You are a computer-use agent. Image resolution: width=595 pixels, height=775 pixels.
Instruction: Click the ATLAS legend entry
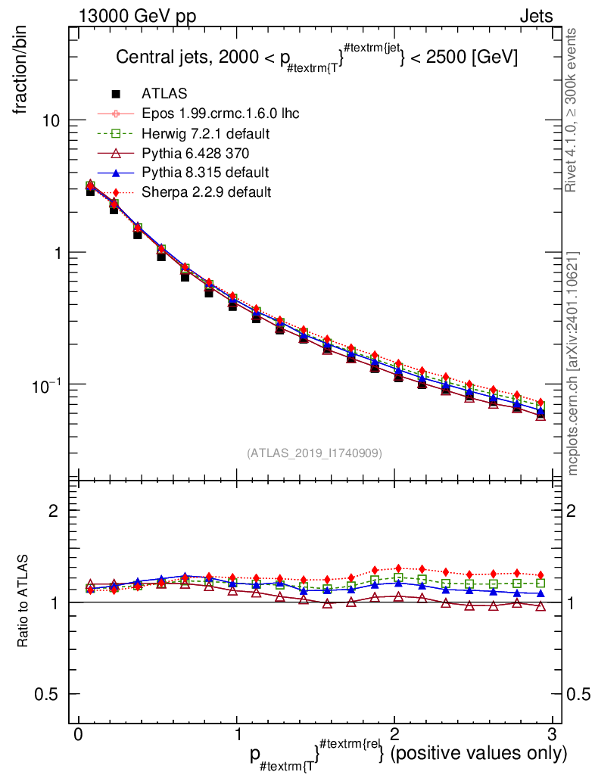pos(164,94)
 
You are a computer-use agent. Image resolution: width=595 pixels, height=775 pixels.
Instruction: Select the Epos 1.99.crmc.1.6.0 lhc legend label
pos(220,114)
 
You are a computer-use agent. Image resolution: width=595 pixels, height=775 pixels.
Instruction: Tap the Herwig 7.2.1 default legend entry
pos(206,133)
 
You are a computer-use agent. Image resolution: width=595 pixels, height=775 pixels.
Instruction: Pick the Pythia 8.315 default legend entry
pos(204,173)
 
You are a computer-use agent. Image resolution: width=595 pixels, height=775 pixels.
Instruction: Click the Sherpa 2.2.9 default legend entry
pos(206,192)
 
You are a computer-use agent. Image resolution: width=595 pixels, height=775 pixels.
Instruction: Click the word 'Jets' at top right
pos(535,16)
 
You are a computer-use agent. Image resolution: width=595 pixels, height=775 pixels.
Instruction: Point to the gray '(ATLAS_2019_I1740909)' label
pos(314,453)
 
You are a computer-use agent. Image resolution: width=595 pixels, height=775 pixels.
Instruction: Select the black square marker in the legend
pos(117,94)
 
